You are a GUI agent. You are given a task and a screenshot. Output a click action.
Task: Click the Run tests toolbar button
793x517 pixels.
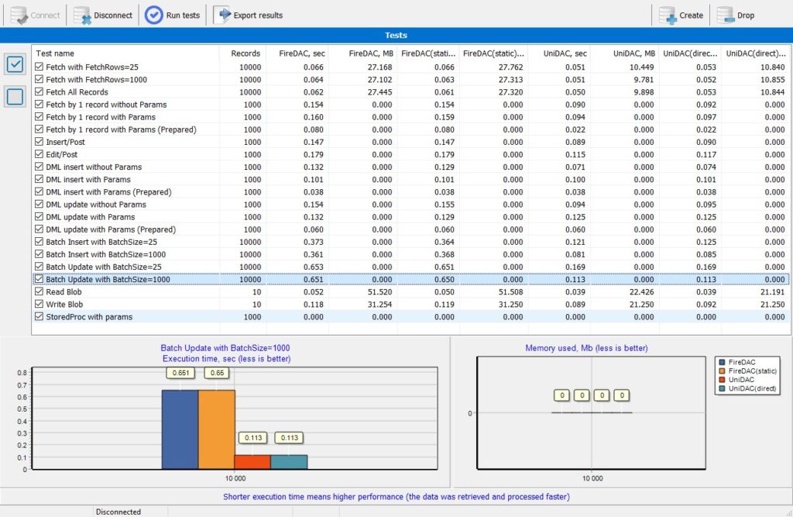click(173, 16)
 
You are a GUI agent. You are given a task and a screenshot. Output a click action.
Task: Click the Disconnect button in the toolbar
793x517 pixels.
click(103, 16)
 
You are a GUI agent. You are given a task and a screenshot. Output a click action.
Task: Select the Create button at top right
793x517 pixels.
click(681, 16)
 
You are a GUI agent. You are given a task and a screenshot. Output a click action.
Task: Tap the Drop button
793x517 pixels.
click(736, 16)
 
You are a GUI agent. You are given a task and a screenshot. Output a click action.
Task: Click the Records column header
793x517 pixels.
click(245, 53)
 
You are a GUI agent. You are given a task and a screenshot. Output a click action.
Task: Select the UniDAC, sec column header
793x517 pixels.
click(565, 53)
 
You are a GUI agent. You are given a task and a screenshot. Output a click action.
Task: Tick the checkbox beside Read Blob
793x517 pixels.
click(39, 291)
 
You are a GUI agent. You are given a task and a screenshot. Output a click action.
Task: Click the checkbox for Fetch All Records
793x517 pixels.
click(39, 91)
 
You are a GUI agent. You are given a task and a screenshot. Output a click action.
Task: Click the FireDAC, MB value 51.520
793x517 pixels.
click(379, 291)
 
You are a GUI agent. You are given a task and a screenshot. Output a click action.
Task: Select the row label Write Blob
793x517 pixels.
click(64, 305)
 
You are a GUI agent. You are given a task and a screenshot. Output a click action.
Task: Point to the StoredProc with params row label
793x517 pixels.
click(89, 317)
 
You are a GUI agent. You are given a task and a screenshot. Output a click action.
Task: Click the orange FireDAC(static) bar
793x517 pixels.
click(217, 429)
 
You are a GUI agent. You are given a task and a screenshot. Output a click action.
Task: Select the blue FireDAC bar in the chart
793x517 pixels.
click(180, 429)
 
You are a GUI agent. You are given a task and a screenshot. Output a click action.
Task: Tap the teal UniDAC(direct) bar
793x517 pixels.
click(289, 462)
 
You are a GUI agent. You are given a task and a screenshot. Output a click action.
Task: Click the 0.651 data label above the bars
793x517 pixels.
click(180, 373)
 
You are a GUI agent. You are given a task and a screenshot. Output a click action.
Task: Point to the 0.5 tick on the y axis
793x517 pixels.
click(22, 409)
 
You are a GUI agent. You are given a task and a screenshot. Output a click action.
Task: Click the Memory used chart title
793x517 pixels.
click(586, 348)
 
